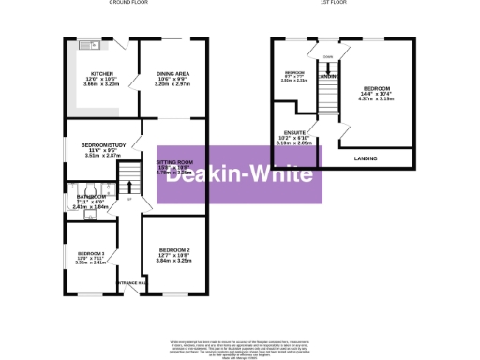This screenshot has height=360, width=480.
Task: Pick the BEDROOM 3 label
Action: [x=91, y=254]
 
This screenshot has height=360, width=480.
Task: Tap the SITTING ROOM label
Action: [x=172, y=162]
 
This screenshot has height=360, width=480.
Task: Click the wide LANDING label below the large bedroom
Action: [x=366, y=159]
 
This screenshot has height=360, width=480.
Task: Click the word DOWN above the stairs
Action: [x=327, y=56]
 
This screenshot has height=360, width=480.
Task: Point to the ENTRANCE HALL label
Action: [x=128, y=282]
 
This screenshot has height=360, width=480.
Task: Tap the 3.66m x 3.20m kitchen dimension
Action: [x=100, y=84]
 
